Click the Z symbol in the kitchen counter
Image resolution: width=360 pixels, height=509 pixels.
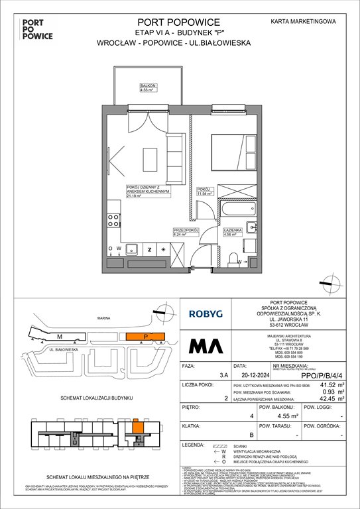tap(150, 250)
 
